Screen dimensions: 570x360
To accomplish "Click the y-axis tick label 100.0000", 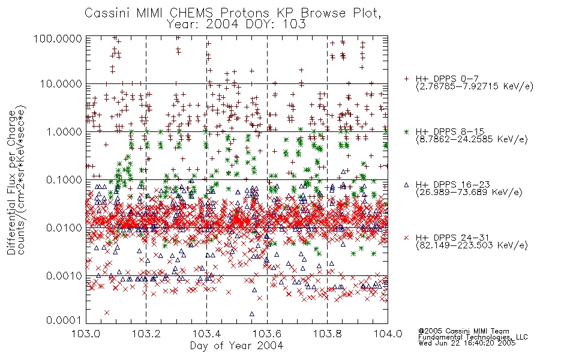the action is click(x=58, y=38).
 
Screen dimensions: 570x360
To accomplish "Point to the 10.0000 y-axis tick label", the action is click(x=61, y=84).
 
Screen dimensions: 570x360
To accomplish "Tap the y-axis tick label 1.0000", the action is click(x=64, y=132).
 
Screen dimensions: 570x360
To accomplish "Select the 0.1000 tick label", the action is click(x=64, y=180).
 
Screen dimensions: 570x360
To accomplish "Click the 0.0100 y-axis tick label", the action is click(x=64, y=228).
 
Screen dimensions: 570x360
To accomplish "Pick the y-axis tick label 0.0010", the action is click(x=64, y=276).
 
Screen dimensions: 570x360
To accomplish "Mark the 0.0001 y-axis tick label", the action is click(x=64, y=320).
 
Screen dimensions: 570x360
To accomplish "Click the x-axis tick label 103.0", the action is click(x=86, y=334).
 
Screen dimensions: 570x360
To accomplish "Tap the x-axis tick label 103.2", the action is click(x=146, y=334).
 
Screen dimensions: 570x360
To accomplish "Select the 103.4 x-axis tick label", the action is click(x=206, y=334).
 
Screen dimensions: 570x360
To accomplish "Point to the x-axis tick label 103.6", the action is click(x=267, y=334).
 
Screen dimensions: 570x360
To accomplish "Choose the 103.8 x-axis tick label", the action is click(x=327, y=334).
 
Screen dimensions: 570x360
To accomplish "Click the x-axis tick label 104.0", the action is click(x=388, y=334).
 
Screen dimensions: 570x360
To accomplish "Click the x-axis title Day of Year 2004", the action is click(x=236, y=346).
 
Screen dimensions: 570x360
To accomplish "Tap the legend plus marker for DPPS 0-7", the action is click(x=406, y=79).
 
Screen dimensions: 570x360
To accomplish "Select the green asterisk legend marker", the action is click(x=406, y=131).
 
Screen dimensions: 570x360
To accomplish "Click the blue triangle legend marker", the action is click(x=406, y=185).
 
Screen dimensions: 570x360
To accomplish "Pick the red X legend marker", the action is click(x=406, y=238).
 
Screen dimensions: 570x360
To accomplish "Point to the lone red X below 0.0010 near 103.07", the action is click(x=107, y=313).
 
